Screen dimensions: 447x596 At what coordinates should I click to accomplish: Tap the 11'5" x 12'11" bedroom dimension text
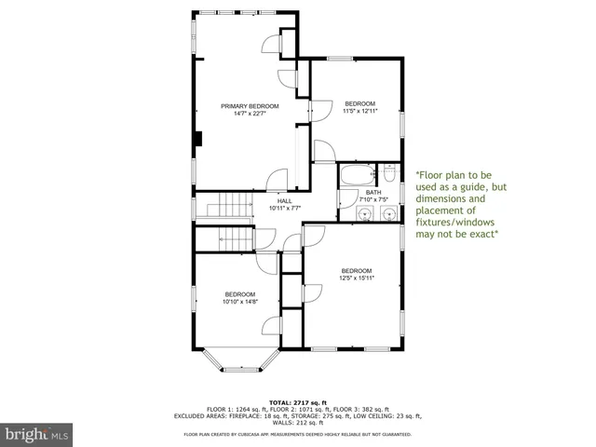coord(360,112)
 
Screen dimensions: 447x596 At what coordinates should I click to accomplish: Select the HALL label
coord(284,200)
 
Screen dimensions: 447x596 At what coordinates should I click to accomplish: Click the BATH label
coord(372,192)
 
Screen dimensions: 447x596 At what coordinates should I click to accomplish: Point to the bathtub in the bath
coord(355,174)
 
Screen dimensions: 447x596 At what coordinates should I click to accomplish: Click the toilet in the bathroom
coord(389,173)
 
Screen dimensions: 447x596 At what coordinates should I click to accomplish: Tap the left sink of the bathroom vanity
coord(365,214)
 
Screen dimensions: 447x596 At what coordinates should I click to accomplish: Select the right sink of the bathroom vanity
coord(386,214)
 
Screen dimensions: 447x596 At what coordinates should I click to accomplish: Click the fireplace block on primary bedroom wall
coord(197,140)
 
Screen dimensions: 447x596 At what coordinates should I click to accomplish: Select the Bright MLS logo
coord(36,434)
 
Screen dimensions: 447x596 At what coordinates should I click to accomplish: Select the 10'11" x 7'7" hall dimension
coord(284,209)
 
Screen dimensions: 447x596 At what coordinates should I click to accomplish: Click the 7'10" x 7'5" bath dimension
coord(372,199)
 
